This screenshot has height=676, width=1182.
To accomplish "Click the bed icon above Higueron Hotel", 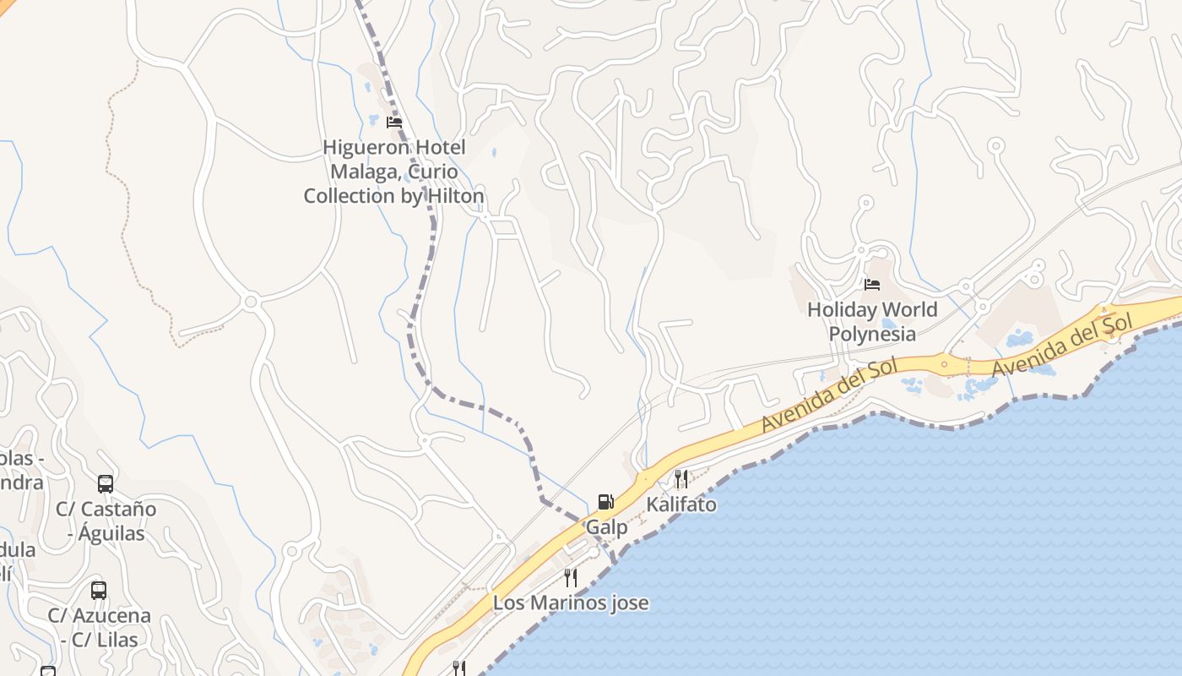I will click(x=394, y=122).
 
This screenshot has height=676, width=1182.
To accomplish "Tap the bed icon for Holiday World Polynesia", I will click(x=872, y=285).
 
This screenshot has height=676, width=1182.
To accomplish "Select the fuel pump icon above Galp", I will click(x=605, y=502).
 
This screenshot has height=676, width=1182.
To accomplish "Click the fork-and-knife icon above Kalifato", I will click(x=681, y=479).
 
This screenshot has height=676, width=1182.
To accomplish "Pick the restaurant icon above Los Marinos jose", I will click(x=571, y=578).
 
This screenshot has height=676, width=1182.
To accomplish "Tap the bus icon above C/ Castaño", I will click(x=106, y=484).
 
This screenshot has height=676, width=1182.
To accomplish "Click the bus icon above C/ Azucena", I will click(x=99, y=591).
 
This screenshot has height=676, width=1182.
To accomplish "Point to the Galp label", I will click(x=606, y=527).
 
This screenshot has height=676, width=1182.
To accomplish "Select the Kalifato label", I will click(x=681, y=504).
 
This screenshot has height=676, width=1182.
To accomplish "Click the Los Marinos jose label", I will click(x=571, y=602).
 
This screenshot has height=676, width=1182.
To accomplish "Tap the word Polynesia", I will click(x=872, y=334).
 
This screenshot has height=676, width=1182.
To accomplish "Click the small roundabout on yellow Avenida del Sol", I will click(x=944, y=366).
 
